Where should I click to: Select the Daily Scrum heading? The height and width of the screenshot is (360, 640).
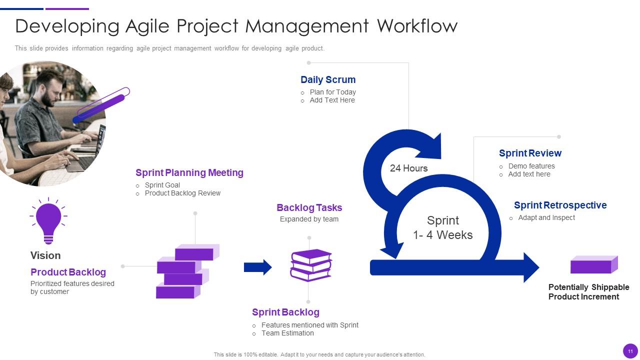(328, 79)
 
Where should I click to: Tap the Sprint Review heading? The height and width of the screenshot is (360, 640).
(530, 153)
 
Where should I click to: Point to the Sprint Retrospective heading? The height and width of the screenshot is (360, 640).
(560, 205)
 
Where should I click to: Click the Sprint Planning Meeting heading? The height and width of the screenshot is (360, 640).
(189, 172)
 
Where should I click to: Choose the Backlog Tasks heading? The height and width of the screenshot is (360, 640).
(309, 207)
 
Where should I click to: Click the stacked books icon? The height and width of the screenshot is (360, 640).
(311, 265)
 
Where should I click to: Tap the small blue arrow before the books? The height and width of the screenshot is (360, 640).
(257, 267)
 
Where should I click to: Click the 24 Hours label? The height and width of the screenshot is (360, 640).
(408, 168)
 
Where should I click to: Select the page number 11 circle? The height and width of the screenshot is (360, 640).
(630, 351)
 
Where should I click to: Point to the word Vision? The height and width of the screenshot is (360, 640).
(45, 255)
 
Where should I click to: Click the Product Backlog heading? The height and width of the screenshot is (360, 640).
(68, 272)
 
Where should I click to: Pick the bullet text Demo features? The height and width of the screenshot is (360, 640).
(531, 166)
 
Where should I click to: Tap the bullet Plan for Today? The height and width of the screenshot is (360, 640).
(333, 92)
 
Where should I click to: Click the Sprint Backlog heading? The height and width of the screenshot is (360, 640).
(285, 312)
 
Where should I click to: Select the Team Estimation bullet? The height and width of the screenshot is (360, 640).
(287, 333)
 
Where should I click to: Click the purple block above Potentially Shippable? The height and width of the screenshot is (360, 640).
(594, 264)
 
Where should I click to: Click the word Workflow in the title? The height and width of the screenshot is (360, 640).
(417, 26)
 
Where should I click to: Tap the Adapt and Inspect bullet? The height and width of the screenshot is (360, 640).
(546, 217)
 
